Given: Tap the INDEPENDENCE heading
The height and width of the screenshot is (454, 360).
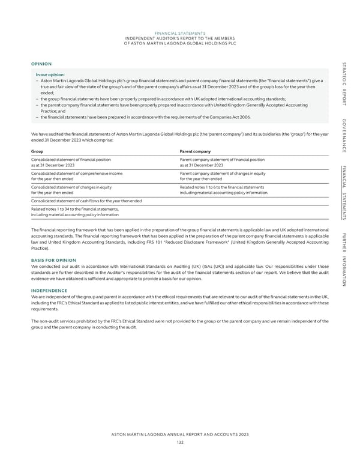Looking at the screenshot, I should point(50,290).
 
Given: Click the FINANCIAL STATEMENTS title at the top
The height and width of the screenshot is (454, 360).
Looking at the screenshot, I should point(180,33).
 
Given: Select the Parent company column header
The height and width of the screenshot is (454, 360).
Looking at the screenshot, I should point(196,151).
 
